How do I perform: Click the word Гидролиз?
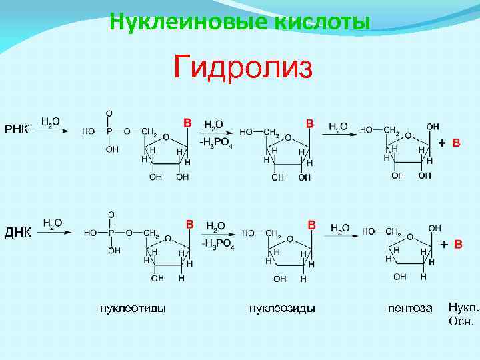tap(243, 67)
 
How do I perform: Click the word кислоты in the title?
tap(321, 21)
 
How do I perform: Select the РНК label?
tap(17, 128)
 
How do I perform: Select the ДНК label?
tap(18, 231)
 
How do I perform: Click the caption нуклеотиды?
tap(133, 307)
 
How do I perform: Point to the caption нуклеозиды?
tap(282, 307)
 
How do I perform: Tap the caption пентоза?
tap(410, 308)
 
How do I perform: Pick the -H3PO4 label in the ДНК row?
tap(217, 241)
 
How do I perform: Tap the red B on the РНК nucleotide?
tap(187, 123)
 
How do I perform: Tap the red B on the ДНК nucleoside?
tap(311, 225)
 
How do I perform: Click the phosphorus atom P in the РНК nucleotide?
tap(110, 131)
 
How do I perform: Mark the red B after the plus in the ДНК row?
tap(458, 245)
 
